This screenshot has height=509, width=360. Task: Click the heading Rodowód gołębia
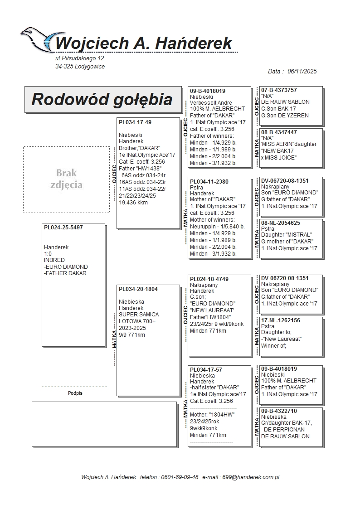(x=102, y=99)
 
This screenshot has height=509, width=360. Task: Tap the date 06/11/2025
(x=302, y=71)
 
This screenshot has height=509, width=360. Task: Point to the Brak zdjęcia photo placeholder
(x=66, y=179)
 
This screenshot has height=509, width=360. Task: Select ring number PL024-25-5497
(x=63, y=228)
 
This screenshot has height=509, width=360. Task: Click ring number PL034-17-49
(x=135, y=122)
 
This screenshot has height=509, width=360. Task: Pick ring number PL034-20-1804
(x=138, y=289)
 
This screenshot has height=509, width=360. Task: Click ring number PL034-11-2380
(x=209, y=181)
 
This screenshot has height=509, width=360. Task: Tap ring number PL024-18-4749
(x=209, y=279)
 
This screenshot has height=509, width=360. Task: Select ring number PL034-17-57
(x=206, y=370)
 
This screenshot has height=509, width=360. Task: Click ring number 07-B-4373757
(x=279, y=90)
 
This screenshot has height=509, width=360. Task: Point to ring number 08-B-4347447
(x=279, y=132)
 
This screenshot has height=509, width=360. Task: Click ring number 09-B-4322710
(x=279, y=411)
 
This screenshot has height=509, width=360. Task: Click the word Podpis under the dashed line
(x=75, y=393)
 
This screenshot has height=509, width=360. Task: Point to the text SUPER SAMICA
(x=139, y=315)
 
